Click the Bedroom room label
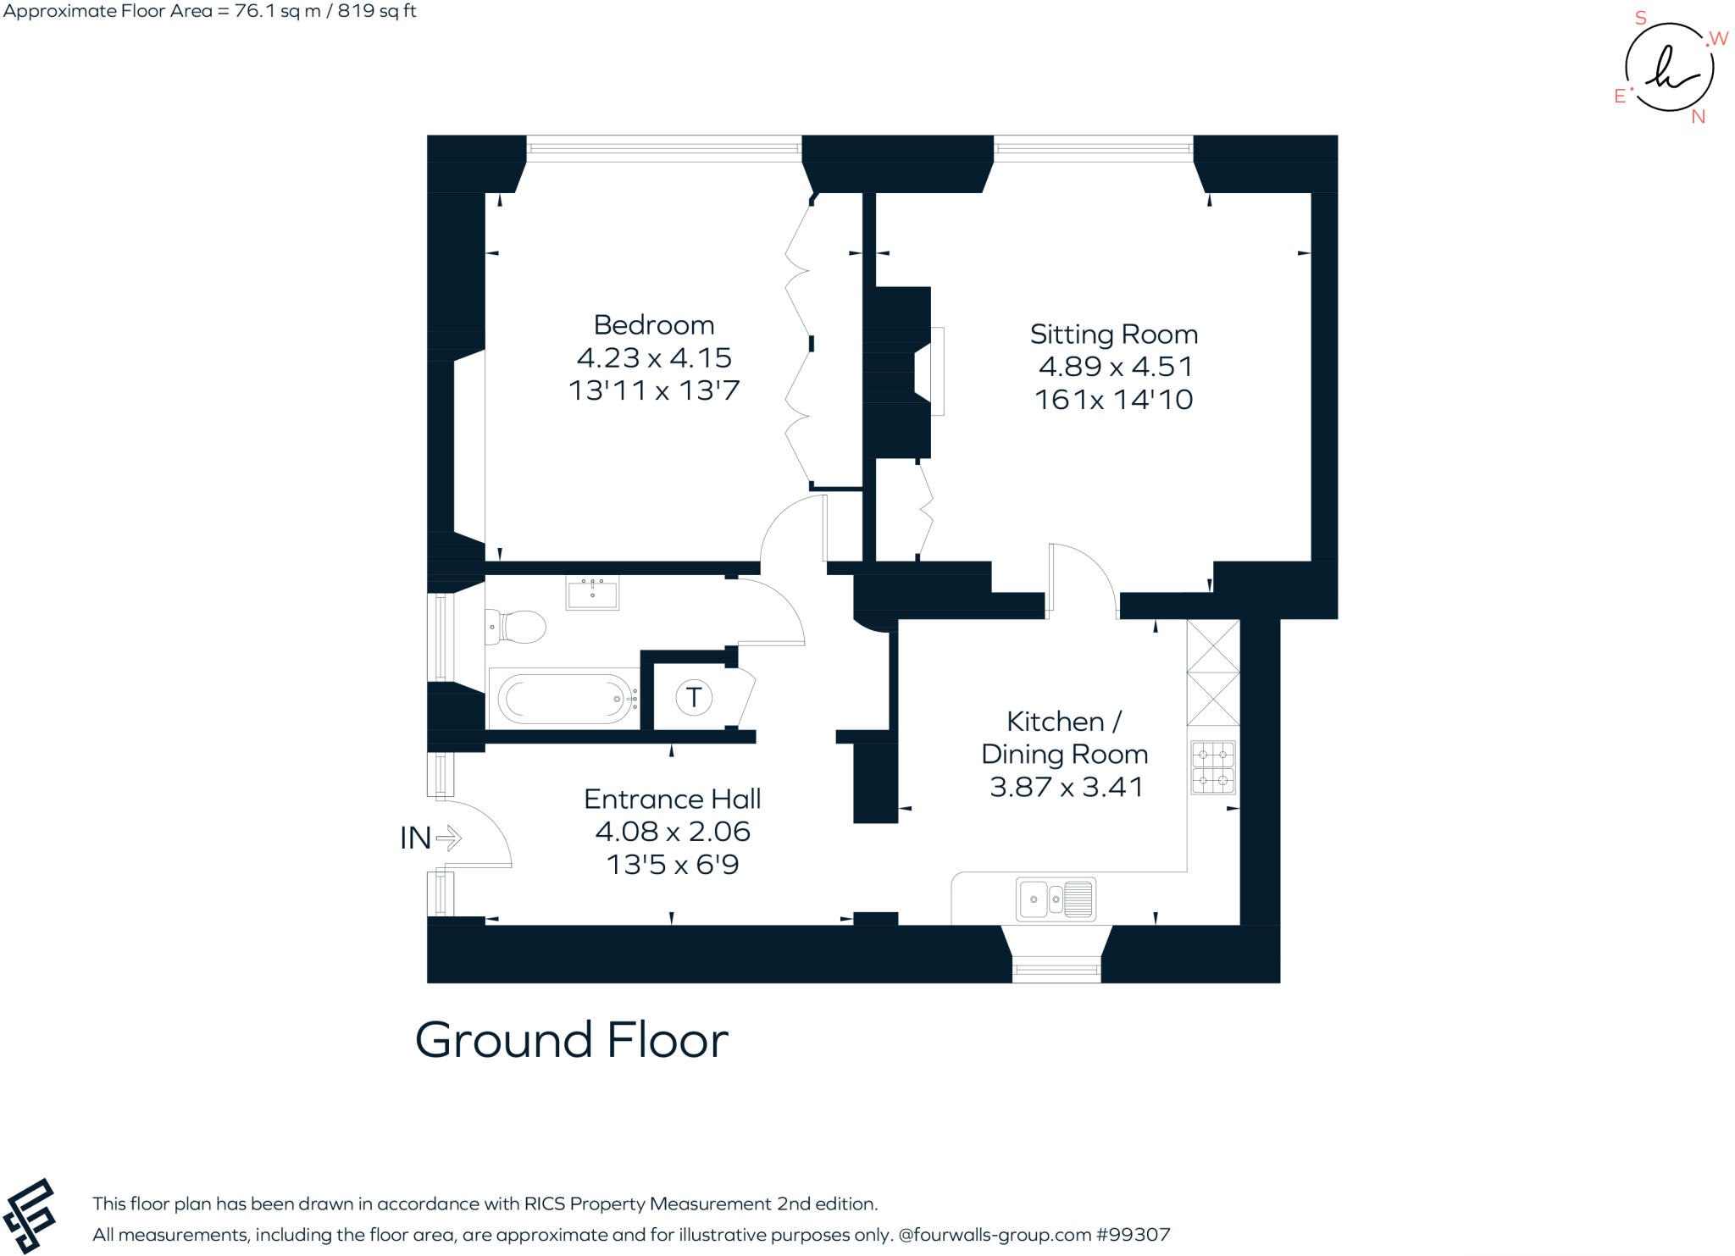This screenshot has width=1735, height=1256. click(653, 325)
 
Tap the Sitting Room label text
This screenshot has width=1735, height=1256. click(1113, 335)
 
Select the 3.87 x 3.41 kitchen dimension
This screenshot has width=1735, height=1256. click(1066, 787)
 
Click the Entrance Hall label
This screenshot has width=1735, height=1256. click(672, 799)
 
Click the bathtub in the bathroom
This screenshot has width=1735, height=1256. click(563, 699)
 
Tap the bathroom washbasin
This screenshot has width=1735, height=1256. click(592, 592)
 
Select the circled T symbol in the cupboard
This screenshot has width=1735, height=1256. click(694, 697)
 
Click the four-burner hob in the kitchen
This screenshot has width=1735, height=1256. click(1212, 767)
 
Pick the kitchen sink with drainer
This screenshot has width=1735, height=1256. click(1056, 899)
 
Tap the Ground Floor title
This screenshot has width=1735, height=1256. click(571, 1040)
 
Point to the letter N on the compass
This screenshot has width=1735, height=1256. click(1698, 118)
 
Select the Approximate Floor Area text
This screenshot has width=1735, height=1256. click(209, 12)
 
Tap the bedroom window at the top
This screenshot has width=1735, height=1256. click(663, 149)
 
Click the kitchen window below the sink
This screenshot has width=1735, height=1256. click(1056, 968)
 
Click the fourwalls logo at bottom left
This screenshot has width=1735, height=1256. click(30, 1215)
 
